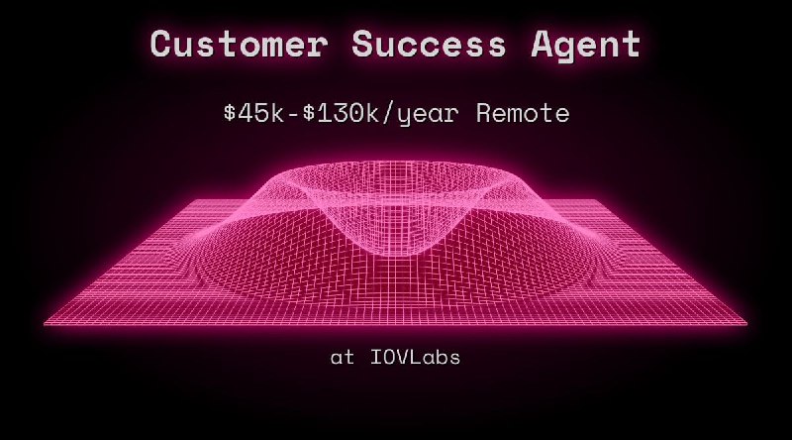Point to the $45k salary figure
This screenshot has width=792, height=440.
pyautogui.click(x=254, y=113)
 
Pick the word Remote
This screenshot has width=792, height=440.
pyautogui.click(x=523, y=113)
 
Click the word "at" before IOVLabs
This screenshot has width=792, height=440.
pyautogui.click(x=342, y=358)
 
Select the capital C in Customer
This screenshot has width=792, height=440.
pyautogui.click(x=162, y=45)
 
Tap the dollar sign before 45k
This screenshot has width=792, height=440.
pyautogui.click(x=230, y=113)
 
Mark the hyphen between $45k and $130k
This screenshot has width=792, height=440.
pyautogui.click(x=287, y=113)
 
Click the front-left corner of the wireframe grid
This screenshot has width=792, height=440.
pyautogui.click(x=45, y=323)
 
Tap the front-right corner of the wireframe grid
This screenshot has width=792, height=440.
pyautogui.click(x=747, y=323)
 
